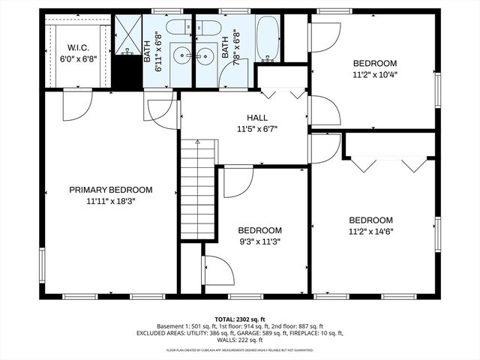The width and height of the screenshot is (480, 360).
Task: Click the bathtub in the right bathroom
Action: tap(267, 40)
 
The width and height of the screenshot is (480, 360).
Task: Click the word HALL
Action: tap(258, 118)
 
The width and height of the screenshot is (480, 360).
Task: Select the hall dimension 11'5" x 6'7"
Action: tap(258, 128)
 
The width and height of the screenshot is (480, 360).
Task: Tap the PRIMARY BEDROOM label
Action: tap(111, 190)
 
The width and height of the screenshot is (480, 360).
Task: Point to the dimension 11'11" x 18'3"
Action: tap(111, 200)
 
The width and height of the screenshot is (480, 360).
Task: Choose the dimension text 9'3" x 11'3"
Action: tap(259, 241)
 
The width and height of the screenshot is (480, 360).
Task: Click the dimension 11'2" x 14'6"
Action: tap(370, 231)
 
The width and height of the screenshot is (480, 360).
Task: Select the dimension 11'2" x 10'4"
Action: tap(375, 74)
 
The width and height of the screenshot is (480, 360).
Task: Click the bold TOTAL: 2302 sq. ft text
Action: tap(240, 318)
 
